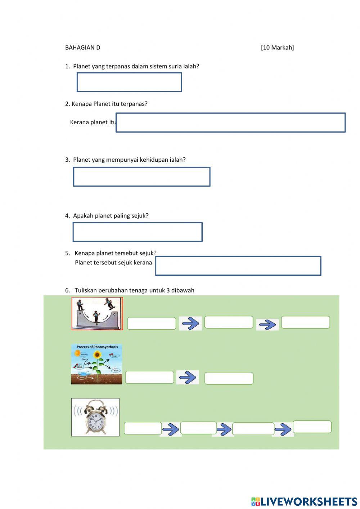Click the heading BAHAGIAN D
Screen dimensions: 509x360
coord(82,48)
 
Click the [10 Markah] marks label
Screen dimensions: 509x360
coord(277,48)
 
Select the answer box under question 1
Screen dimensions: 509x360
coord(129,82)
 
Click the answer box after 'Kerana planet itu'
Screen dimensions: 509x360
coord(230,122)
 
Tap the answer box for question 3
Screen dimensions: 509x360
coord(141,177)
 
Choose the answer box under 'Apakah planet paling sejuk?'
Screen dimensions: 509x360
coord(138,232)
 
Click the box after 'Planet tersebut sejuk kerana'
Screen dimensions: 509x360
coord(238,266)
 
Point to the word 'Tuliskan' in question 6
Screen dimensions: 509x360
coord(86,290)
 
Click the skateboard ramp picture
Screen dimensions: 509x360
coord(97,313)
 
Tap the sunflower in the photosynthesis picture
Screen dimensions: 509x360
coord(97,355)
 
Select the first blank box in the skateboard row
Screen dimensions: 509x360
coord(152,323)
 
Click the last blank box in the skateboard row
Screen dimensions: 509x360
coord(305,322)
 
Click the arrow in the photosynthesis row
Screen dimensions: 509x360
coord(187,377)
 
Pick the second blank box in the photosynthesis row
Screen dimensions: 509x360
coord(229,378)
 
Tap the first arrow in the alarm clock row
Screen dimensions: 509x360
coord(171,429)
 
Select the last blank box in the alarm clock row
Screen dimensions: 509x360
coord(312,427)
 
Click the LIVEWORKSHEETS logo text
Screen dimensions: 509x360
coord(309,501)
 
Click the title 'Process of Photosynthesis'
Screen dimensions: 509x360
coord(97,347)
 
